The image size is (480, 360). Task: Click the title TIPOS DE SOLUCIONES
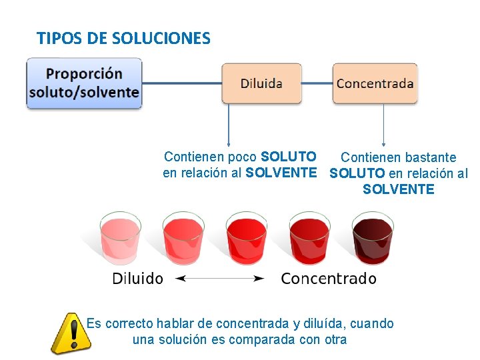123,38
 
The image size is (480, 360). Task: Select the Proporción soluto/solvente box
84,83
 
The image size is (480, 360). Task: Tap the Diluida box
261,83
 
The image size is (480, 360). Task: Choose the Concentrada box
375,83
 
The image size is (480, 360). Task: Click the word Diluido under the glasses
137,279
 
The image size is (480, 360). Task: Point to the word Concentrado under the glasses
329,279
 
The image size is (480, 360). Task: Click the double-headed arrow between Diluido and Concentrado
219,279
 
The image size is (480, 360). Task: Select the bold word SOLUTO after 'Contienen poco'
289,157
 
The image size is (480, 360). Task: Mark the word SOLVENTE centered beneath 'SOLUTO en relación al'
398,189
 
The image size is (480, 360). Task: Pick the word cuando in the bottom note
371,324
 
